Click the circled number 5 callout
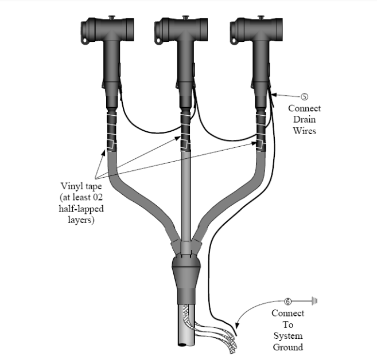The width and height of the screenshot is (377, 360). point(304,96)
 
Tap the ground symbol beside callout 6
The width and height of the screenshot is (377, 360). point(314,300)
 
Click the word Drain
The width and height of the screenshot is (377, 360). point(304,119)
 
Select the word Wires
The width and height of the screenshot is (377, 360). point(304,131)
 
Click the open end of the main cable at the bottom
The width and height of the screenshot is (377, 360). point(182,342)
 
